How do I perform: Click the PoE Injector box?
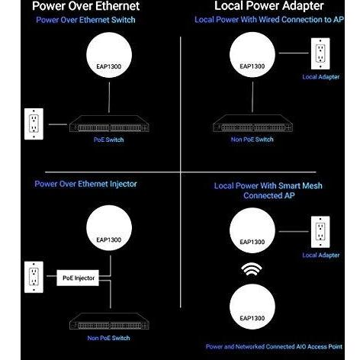point(78,278)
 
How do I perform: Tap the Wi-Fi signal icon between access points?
point(252,269)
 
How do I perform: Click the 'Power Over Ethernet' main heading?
point(86,6)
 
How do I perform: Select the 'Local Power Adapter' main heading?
point(269,6)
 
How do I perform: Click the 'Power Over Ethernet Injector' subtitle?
point(85,184)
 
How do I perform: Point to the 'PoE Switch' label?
point(108,140)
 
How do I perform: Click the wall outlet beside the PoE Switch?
point(34,124)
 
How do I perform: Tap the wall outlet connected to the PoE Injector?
point(34,277)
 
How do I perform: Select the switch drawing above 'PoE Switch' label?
point(109,124)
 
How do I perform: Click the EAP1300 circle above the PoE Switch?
point(109,55)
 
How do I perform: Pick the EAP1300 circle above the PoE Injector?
point(109,228)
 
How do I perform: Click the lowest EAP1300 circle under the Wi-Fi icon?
point(252,307)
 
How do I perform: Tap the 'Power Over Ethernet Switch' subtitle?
point(85,20)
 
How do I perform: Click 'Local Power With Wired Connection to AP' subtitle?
point(269,20)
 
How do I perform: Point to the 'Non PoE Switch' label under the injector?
point(108,338)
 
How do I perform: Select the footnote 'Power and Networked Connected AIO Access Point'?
point(274,346)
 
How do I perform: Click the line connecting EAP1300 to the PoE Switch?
point(109,98)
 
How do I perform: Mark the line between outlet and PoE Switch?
point(58,124)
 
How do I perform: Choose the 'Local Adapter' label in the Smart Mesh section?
point(321,255)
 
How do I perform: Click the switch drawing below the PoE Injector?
point(109,321)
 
